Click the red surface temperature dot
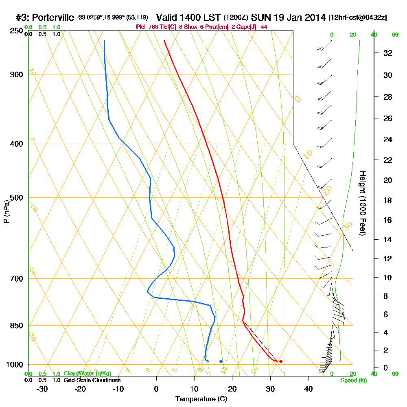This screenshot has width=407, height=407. pos(281,361)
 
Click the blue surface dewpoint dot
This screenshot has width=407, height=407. pos(221,361)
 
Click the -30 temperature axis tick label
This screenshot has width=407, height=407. pos(42,389)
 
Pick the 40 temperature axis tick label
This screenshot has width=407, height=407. pos(308,389)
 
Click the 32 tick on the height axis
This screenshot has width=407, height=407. pos(388,53)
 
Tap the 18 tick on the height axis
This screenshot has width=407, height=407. pos(388,200)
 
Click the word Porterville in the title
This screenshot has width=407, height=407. pos(53,18)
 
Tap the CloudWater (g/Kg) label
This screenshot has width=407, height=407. pos(87,374)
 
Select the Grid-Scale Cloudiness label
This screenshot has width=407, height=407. pos(92,380)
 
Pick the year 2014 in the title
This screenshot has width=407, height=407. pos(311,18)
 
